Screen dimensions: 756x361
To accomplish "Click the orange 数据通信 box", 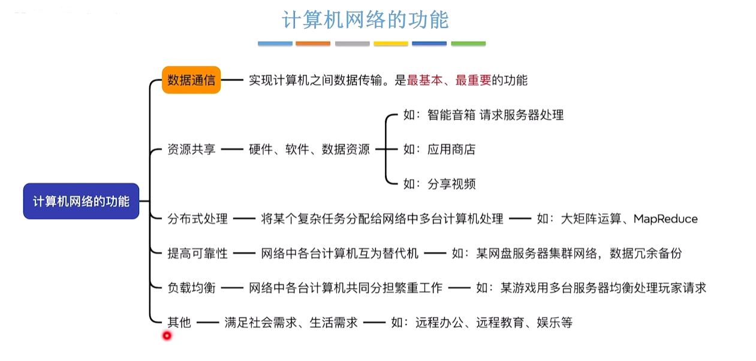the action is [x=191, y=80].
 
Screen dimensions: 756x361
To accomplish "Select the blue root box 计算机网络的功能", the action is [x=81, y=201].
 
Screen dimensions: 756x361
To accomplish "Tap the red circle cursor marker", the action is [x=167, y=336].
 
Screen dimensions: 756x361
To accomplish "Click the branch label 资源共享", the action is [x=191, y=149].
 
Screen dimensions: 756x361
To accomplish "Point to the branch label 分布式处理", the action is [x=197, y=219].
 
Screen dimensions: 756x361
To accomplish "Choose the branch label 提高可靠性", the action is [x=197, y=253].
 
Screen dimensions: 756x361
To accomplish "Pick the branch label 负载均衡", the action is [x=191, y=288].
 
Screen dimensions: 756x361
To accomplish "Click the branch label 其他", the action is [x=179, y=323].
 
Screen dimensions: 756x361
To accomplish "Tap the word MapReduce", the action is [x=665, y=219].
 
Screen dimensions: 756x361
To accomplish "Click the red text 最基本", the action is [x=424, y=80].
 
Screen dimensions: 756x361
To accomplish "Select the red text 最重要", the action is [x=473, y=80].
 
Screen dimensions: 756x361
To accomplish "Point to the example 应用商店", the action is [x=451, y=149].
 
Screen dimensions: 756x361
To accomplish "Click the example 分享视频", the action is [x=451, y=184].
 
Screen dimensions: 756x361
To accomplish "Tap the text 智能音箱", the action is [x=451, y=115].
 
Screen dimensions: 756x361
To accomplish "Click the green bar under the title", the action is [x=468, y=44].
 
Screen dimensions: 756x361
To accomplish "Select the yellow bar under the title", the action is [x=391, y=44].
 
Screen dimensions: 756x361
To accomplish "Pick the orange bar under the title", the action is [x=313, y=44].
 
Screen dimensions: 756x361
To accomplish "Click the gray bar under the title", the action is [x=353, y=44].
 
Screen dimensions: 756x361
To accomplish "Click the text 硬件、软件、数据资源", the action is [x=309, y=149].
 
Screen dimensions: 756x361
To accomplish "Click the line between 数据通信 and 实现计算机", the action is [x=232, y=80].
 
